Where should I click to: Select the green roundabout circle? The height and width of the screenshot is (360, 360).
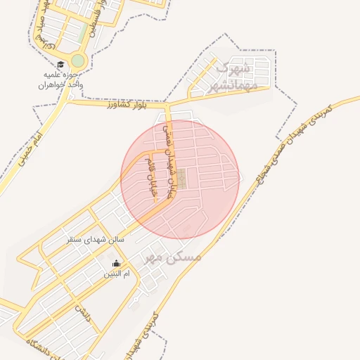[77, 60]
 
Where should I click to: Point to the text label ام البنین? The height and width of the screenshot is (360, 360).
[117, 273]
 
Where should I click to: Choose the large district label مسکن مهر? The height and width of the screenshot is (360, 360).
[173, 257]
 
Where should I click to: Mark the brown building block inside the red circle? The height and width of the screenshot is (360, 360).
[181, 178]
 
